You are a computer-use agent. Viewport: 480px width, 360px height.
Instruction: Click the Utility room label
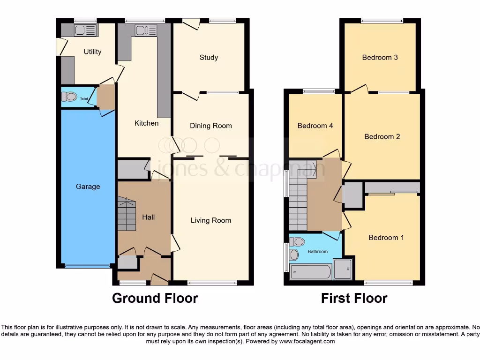point(92,52)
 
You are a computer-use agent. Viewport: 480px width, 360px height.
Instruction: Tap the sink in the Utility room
point(85,30)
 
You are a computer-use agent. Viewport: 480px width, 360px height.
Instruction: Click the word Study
point(209,58)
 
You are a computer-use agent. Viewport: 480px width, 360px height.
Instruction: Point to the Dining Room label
point(210,126)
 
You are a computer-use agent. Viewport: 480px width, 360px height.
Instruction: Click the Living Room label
point(210,220)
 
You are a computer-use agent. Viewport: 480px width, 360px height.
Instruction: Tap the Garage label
point(88,187)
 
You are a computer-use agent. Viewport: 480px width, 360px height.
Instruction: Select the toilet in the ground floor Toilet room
point(69,97)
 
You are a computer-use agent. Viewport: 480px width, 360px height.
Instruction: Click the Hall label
point(149,217)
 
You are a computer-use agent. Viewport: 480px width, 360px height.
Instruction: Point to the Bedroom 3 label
point(380,58)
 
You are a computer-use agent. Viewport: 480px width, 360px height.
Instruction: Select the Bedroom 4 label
point(315,126)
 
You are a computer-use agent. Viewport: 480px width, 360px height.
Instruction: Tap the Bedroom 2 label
point(382,137)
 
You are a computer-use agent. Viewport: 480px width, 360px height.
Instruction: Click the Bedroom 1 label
point(386,238)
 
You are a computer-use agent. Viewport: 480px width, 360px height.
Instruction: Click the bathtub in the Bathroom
point(311,271)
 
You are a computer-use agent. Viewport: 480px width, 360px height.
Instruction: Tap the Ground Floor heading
point(155,298)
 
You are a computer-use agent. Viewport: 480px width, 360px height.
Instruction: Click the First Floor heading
point(354,298)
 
